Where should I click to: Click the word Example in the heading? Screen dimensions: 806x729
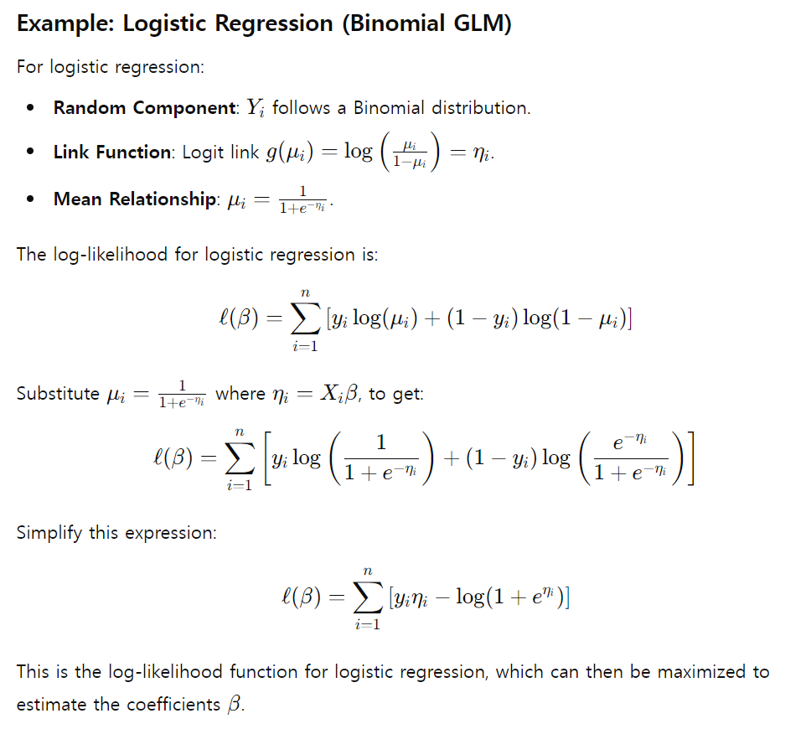[x=65, y=23]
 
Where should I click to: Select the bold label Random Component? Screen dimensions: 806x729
[x=143, y=108]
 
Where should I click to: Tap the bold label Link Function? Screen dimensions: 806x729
[x=111, y=153]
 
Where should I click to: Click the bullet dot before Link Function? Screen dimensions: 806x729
[x=31, y=153]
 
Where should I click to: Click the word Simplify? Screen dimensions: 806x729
[x=49, y=533]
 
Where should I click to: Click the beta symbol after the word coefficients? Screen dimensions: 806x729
[x=234, y=705]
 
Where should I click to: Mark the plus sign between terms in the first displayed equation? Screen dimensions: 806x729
[x=434, y=319]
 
